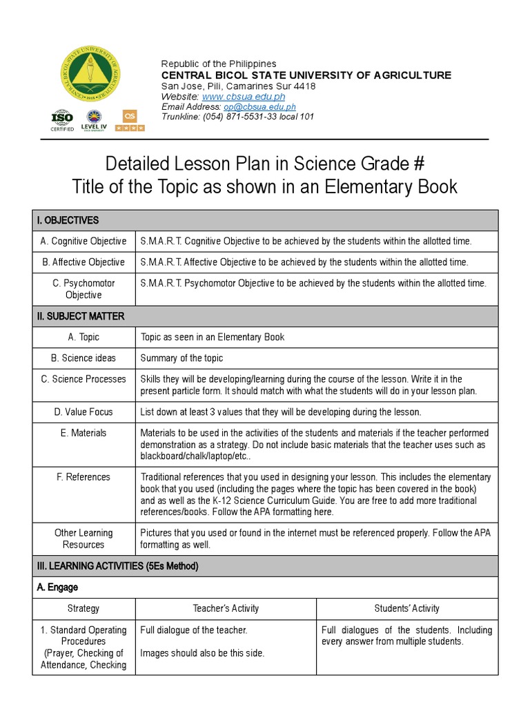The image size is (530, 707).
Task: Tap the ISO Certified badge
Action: pos(61,120)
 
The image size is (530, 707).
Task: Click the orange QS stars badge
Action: pos(130,120)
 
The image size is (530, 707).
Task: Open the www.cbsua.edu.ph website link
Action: pos(243,97)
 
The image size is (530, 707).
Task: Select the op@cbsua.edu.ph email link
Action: pos(259,107)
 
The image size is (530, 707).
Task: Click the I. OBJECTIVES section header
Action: pos(68,220)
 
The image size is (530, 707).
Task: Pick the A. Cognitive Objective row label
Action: pos(84,241)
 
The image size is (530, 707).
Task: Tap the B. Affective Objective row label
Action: pos(84,262)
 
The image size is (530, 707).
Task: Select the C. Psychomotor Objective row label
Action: pos(84,289)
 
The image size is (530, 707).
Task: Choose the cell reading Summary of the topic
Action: pos(181,358)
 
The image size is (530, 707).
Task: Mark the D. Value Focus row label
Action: pos(84,411)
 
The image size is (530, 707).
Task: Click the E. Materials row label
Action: pos(84,433)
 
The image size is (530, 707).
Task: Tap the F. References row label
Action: pos(84,476)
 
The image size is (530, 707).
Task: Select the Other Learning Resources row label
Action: pos(84,539)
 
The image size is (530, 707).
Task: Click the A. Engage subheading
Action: pos(57,587)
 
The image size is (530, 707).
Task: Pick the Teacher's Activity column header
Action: pos(226,608)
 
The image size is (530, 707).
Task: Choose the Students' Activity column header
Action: pos(406,608)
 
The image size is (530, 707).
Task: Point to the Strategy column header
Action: pos(84,608)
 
